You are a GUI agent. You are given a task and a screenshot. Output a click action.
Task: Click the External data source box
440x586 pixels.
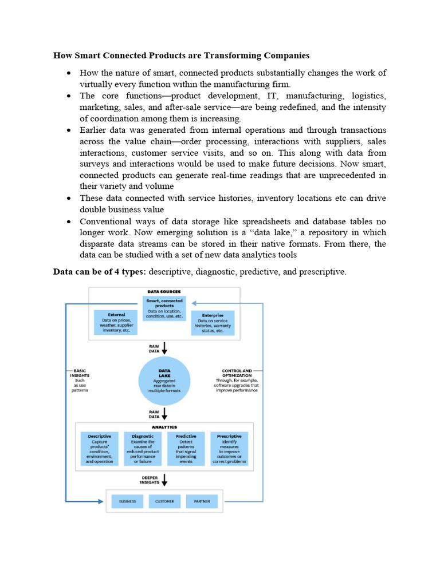(x=117, y=322)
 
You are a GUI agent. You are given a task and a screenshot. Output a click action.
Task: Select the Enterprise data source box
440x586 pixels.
(x=213, y=323)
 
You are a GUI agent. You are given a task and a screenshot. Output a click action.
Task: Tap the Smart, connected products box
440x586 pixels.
(x=164, y=308)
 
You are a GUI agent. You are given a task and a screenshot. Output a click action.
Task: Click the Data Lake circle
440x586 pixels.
(x=164, y=380)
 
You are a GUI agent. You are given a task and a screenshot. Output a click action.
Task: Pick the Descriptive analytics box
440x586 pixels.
(x=100, y=448)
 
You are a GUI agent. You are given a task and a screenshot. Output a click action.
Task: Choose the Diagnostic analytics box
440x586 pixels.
(x=143, y=448)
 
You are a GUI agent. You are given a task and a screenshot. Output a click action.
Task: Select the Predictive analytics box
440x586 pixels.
(x=186, y=448)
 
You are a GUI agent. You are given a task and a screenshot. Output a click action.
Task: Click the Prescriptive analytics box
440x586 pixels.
(x=229, y=448)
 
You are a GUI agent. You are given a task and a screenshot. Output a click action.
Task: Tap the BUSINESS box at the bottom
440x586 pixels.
(x=127, y=501)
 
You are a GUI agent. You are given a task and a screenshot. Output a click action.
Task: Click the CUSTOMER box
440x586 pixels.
(x=164, y=501)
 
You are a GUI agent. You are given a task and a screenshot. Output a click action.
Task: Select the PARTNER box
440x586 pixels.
(x=202, y=501)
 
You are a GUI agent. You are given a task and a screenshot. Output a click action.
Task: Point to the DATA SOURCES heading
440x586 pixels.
(x=164, y=291)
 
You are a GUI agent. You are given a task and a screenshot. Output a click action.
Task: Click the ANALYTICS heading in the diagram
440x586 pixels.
(x=164, y=427)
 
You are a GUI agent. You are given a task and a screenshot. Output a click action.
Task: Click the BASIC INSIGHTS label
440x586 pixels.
(x=80, y=372)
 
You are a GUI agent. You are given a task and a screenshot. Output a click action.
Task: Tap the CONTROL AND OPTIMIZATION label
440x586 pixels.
(x=236, y=373)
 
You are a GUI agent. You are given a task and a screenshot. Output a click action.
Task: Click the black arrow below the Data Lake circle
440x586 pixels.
(x=165, y=413)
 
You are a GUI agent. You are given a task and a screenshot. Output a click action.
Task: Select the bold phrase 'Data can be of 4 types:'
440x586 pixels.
(x=99, y=272)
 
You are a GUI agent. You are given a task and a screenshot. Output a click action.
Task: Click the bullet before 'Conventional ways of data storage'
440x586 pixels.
(x=68, y=221)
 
